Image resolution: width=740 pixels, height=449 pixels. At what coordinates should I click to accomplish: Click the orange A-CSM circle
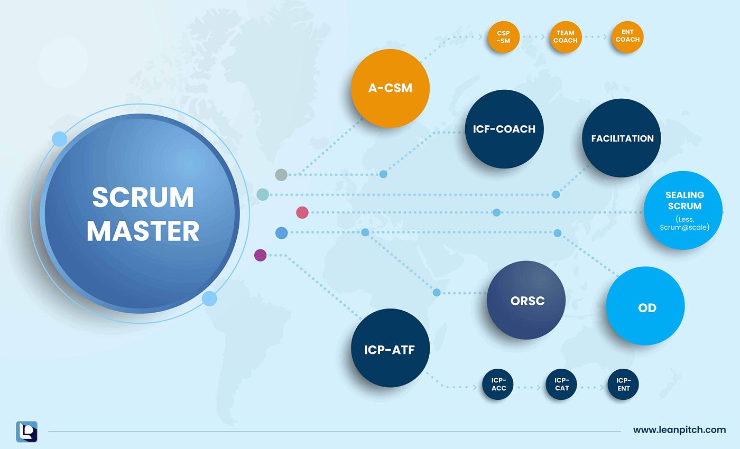coord(390,88)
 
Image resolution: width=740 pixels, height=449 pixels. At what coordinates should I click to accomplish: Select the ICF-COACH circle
coord(504,129)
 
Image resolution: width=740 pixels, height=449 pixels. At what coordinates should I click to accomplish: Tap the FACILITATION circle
coord(622,138)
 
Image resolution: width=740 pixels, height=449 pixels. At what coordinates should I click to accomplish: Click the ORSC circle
coord(526,301)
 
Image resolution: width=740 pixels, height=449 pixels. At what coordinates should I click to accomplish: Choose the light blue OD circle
coord(645,306)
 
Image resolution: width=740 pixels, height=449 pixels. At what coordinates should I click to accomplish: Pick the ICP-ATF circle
coord(390,349)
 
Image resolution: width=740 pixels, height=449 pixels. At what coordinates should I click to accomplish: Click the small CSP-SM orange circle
coord(503,37)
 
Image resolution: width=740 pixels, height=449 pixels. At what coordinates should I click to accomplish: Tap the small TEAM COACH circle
coord(565,37)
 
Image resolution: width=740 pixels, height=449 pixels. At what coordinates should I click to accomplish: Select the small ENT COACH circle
coord(627,36)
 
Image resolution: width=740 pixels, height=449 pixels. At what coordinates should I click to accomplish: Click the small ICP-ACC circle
coord(498,384)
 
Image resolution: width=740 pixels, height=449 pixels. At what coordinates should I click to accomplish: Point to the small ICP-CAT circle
coord(561,384)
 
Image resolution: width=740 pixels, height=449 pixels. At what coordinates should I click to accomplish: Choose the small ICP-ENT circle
coord(623,384)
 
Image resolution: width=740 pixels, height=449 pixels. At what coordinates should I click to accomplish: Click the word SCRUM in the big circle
coord(143,198)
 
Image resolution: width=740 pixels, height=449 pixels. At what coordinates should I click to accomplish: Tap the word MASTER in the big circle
coord(143,231)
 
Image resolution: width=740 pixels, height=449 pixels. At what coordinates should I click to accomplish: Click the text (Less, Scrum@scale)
coord(684,223)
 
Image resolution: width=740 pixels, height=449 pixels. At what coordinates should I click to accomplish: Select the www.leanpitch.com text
coord(679,430)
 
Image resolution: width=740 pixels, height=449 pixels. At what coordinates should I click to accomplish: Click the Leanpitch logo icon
coord(26,431)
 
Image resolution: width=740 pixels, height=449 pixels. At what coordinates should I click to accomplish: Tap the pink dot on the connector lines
coord(302,212)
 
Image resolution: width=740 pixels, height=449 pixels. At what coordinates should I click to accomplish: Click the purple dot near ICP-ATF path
coord(260,255)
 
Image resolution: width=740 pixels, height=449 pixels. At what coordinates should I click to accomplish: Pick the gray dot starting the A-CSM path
coord(281,174)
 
